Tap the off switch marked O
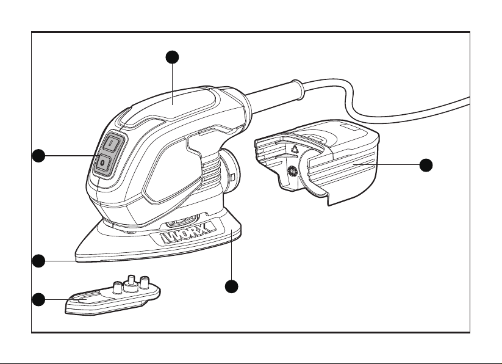tap(104, 163)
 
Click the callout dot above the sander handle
tap(172, 57)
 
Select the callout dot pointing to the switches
tap(39, 156)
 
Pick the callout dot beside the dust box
tap(426, 165)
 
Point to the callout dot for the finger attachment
tap(39, 300)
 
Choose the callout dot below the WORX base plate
tap(231, 286)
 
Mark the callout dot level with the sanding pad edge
tap(39, 261)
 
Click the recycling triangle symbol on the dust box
tap(295, 149)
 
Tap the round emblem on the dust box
tap(292, 171)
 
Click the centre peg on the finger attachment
tap(131, 280)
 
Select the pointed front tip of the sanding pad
tap(77, 253)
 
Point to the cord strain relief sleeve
tap(275, 93)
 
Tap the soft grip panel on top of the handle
tap(170, 106)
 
